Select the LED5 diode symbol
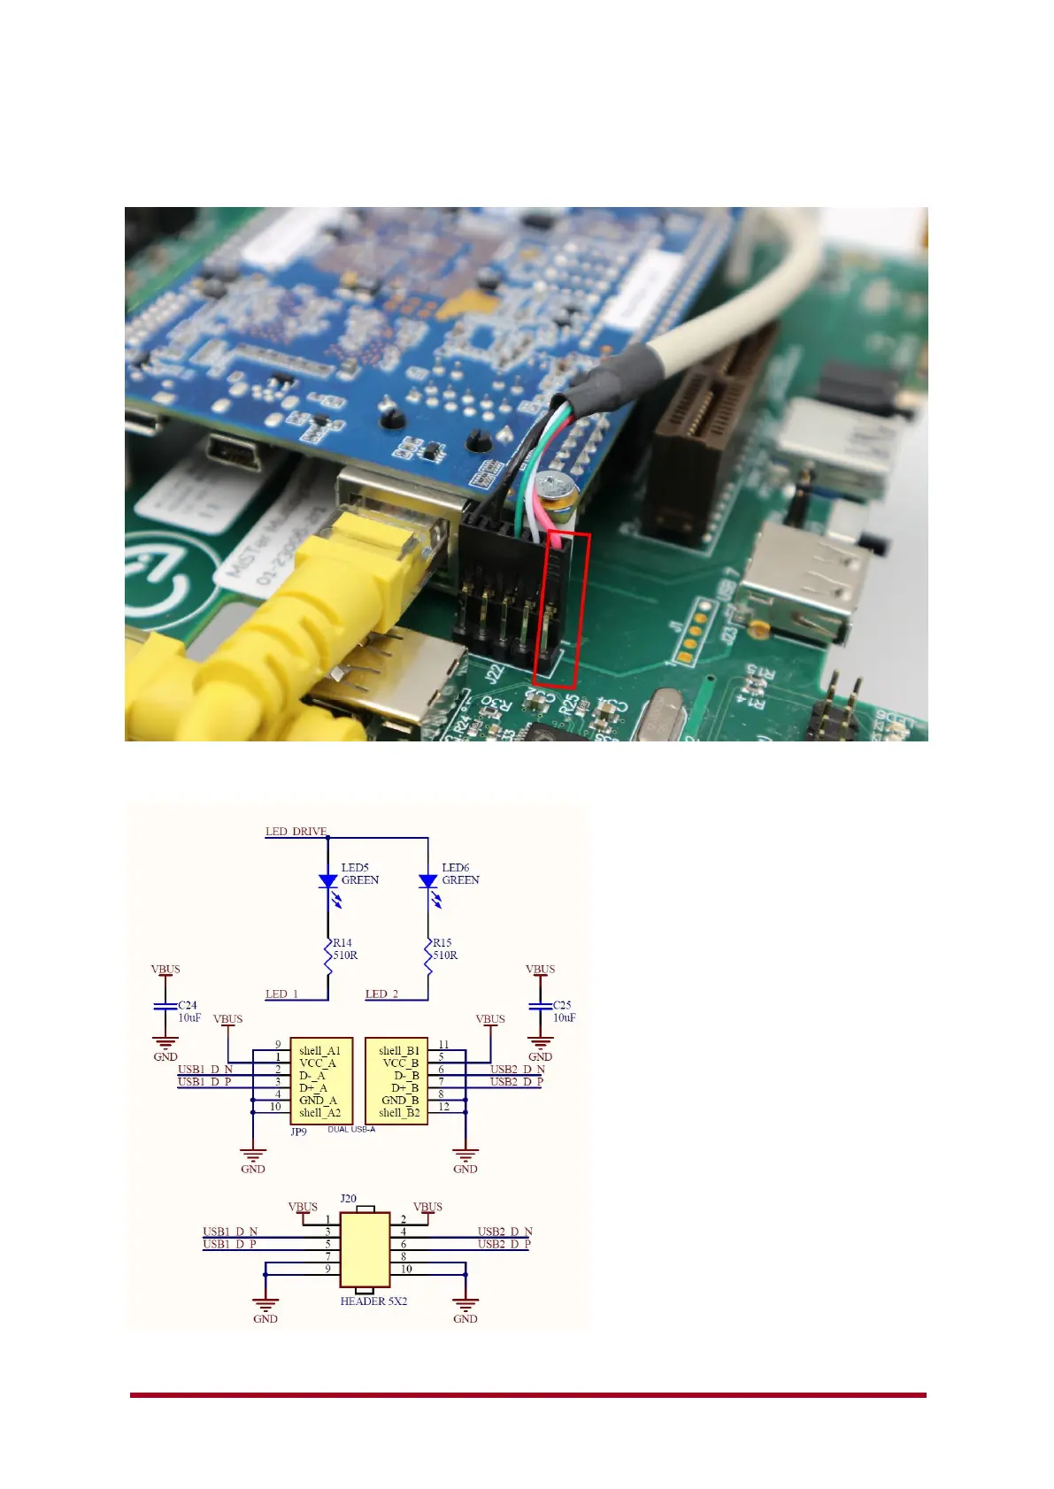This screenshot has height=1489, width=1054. (327, 881)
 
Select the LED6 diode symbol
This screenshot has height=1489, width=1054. (428, 881)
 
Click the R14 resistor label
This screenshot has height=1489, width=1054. (342, 943)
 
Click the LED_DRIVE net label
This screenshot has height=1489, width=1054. (296, 832)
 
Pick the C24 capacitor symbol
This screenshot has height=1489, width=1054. (165, 1007)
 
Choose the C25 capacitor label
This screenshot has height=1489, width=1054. (562, 1005)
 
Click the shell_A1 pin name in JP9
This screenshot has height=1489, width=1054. (319, 1051)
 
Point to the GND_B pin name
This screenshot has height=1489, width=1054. (400, 1101)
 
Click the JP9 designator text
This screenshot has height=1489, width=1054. (298, 1132)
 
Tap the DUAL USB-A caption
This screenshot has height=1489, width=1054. (351, 1130)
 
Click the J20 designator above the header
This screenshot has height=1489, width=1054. (348, 1199)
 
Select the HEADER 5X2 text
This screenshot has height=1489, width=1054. (373, 1301)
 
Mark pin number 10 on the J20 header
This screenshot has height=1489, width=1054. (406, 1269)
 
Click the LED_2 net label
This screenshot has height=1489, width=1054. (381, 994)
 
